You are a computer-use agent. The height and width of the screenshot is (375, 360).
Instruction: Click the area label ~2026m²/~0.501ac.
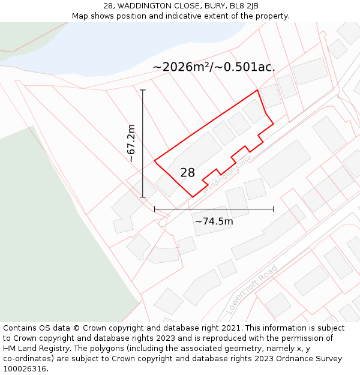[214, 67]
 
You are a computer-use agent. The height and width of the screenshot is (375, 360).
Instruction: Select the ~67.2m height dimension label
[131, 143]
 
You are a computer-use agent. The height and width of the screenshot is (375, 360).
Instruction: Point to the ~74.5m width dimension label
[214, 221]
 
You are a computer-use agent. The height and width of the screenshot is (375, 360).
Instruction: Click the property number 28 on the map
[187, 173]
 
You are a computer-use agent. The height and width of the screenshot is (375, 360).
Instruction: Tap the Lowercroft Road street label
[252, 289]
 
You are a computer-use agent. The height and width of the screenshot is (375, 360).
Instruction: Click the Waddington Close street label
[228, 174]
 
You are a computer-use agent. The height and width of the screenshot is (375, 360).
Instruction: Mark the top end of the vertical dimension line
[143, 90]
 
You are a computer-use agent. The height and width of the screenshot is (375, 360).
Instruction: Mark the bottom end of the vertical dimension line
[143, 197]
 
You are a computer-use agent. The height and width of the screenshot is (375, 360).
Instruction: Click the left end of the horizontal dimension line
[155, 209]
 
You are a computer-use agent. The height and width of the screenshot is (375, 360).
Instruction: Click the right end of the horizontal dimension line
[274, 209]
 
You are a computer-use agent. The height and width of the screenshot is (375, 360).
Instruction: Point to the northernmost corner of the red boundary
[257, 90]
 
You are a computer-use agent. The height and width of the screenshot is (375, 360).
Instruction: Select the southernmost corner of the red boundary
[193, 197]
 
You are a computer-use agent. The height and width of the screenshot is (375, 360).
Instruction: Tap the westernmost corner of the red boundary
[155, 161]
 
